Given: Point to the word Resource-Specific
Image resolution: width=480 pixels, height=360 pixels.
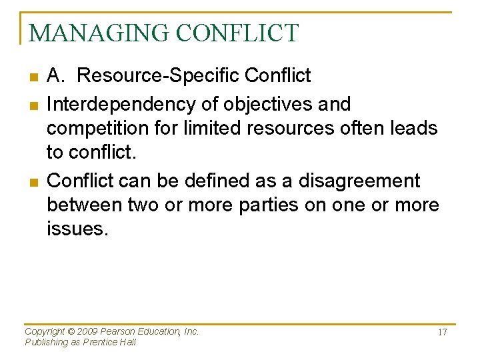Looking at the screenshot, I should pyautogui.click(x=159, y=76).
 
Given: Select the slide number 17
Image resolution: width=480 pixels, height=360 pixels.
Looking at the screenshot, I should pyautogui.click(x=442, y=333).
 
